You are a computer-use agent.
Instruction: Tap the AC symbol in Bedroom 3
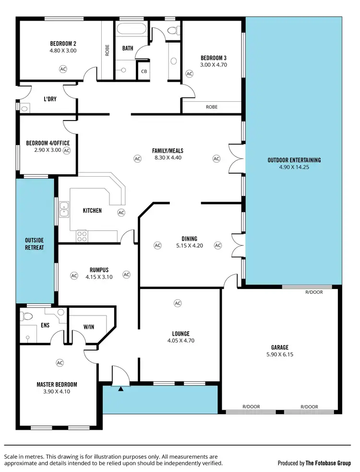189,74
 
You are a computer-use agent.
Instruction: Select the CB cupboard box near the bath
144,72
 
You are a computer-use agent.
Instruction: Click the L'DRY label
49,99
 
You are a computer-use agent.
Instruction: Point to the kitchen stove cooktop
82,236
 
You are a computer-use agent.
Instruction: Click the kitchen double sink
63,209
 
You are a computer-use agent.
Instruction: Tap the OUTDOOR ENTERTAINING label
294,160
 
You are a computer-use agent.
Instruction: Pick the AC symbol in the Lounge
178,303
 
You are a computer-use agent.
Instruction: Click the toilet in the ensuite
28,317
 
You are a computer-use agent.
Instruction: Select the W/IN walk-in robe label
89,327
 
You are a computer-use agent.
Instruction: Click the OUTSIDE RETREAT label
35,243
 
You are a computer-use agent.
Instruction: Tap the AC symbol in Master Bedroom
60,363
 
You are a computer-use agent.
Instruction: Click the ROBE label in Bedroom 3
212,107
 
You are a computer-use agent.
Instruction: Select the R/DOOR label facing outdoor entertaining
314,291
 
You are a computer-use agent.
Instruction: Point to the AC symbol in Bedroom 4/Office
67,150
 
